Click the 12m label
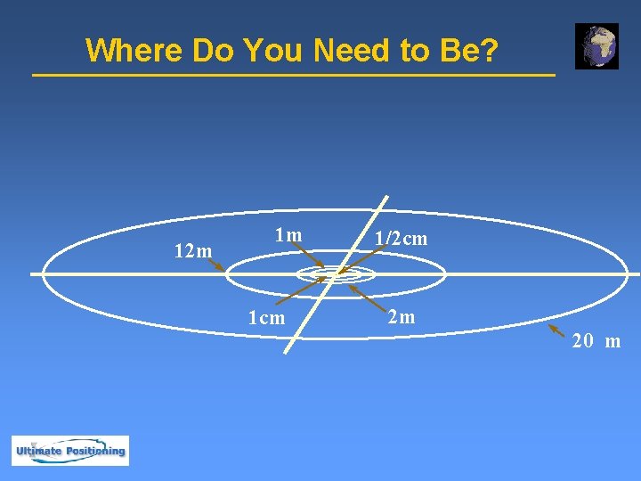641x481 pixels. point(193,251)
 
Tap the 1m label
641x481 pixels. point(288,235)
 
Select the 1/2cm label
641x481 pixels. point(401,239)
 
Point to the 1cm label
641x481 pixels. point(266,317)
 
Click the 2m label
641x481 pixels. point(401,316)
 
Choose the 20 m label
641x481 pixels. point(596,341)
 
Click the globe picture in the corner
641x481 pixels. point(596,46)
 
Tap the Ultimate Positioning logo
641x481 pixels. point(70,451)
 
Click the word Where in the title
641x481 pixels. point(135,51)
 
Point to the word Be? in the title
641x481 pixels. point(468,51)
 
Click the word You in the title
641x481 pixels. point(274,51)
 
